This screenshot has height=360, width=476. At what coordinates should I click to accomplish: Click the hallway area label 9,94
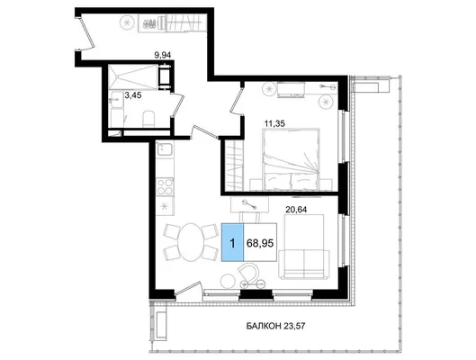tap(163, 55)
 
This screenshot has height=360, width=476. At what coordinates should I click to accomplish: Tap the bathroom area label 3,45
tap(133, 95)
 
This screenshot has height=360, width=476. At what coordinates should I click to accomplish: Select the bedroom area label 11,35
tap(274, 123)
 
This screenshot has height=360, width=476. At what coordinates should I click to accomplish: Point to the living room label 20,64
tap(296, 209)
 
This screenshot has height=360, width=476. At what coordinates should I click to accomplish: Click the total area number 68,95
tap(260, 243)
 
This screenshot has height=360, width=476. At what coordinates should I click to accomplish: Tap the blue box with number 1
tap(232, 242)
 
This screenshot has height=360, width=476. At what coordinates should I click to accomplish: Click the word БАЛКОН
tap(264, 327)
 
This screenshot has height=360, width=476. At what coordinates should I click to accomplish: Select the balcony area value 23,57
tap(294, 327)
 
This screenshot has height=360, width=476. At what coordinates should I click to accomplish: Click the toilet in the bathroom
tap(148, 120)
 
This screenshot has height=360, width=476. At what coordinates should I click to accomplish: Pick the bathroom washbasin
tap(117, 100)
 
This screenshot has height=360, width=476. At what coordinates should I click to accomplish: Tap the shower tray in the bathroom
tap(133, 76)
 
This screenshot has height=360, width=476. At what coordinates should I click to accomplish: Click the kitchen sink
tap(165, 149)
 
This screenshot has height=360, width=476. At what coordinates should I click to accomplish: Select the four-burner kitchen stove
tap(165, 186)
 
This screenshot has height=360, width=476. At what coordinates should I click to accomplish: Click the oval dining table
tap(191, 242)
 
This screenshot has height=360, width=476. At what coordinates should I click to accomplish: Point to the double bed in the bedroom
tap(292, 159)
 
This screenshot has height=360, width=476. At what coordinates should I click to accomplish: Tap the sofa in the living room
tap(304, 247)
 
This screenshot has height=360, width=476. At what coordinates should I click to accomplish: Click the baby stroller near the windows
tap(251, 275)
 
